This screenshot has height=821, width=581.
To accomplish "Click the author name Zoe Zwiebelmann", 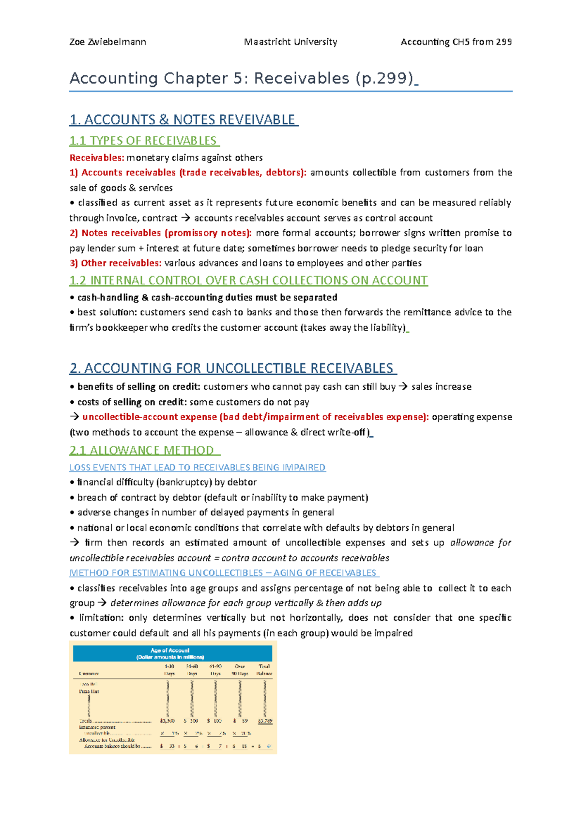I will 107,42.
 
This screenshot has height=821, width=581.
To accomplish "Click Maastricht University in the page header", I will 290,42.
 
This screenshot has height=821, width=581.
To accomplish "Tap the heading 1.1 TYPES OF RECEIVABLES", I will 144,141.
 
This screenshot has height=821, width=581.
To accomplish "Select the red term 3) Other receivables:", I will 115,263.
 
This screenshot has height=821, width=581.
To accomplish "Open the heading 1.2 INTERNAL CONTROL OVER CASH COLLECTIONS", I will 248,280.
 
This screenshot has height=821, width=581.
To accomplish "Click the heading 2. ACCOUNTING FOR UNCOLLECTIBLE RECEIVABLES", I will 232,368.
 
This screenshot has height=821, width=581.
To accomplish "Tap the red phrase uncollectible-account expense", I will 149,417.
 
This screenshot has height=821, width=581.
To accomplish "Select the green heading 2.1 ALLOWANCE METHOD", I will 143,450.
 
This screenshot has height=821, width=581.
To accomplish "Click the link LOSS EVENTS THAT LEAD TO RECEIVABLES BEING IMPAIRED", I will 197,468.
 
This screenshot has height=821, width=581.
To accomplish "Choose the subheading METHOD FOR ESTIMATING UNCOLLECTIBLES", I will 166,573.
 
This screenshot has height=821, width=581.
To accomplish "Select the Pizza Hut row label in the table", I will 89,691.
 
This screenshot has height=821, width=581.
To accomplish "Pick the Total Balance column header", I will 264,670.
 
